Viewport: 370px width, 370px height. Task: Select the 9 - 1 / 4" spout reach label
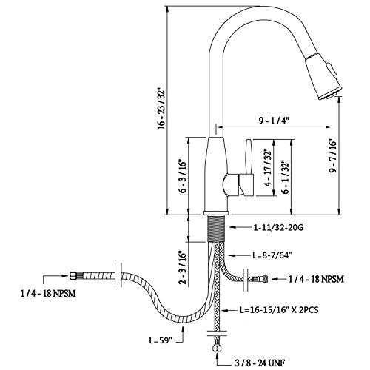tap(274, 121)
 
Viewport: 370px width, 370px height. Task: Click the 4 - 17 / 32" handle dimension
tap(268, 167)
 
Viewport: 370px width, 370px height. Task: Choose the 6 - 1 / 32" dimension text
tap(286, 178)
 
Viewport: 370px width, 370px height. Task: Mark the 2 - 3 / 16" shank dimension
tap(183, 268)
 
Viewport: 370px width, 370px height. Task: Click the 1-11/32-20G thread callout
tap(278, 227)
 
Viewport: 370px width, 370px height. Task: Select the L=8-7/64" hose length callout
tap(272, 255)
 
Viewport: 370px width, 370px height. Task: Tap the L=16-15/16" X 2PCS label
tap(279, 309)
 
